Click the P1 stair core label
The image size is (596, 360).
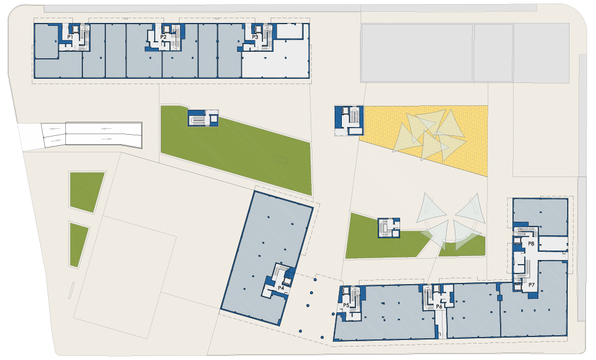click(x=70, y=37)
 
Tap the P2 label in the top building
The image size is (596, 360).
click(x=164, y=37)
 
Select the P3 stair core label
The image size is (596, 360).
click(x=255, y=37)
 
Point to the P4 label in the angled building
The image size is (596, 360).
click(x=281, y=288)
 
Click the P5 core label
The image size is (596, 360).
click(x=347, y=305)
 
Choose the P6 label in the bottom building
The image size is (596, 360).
click(x=439, y=306)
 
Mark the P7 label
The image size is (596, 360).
click(x=531, y=285)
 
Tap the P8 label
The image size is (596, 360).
click(x=531, y=244)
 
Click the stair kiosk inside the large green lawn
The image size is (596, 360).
click(x=203, y=118)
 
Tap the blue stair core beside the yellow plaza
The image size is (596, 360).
click(x=349, y=121)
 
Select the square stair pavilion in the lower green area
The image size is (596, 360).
click(x=389, y=228)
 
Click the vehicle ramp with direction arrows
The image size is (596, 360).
click(x=91, y=135)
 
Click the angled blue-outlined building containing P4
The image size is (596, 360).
click(x=267, y=258)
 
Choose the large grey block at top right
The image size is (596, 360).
click(x=417, y=53)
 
